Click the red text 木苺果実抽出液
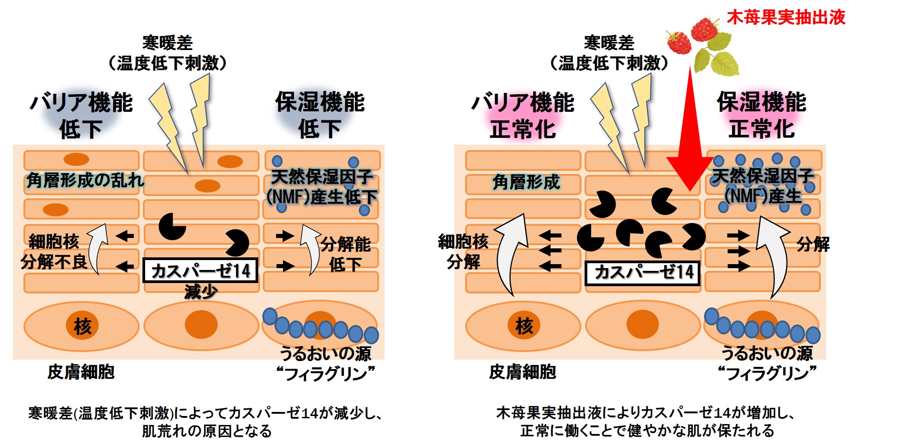pos(786,17)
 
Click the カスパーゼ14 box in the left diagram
pos(200,270)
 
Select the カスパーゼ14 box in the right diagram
pos(642,273)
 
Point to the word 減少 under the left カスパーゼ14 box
pos(201,292)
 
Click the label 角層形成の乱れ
pos(85,180)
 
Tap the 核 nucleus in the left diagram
pos(82,325)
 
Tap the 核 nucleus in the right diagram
pos(524,325)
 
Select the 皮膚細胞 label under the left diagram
pos(81,372)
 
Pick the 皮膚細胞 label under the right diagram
pos(523,372)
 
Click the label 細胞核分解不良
pos(54,251)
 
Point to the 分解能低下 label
pos(345,254)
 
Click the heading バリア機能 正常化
pos(523,115)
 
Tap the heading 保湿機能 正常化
pos(761,114)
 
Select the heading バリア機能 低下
pos(81,115)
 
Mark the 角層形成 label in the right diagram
pos(526,182)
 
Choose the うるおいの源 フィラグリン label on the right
pos(767,363)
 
